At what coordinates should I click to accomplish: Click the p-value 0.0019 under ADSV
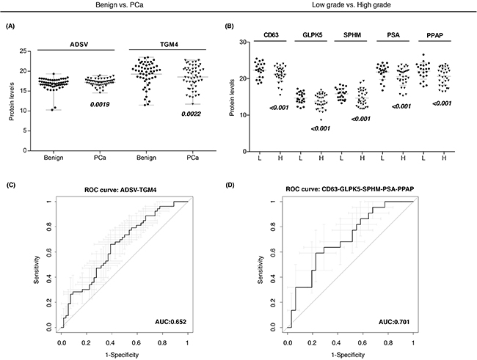100,105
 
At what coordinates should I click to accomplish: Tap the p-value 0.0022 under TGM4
191,114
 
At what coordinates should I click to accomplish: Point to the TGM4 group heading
169,45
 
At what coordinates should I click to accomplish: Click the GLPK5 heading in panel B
311,35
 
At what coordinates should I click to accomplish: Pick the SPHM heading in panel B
352,35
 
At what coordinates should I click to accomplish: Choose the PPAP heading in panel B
435,35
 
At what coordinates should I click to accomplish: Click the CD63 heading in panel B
270,35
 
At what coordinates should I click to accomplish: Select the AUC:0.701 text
394,322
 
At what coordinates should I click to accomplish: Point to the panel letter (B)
229,26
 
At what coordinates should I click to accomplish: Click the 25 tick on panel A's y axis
23,51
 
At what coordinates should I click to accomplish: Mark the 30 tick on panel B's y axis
243,42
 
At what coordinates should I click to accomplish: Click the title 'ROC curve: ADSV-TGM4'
123,191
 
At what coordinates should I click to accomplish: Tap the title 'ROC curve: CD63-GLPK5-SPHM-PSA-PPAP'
350,189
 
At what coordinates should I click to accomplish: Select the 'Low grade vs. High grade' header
352,5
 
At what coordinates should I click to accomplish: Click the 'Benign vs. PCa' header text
120,5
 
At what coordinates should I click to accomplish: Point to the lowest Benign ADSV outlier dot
52,110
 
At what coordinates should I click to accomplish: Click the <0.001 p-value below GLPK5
321,128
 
